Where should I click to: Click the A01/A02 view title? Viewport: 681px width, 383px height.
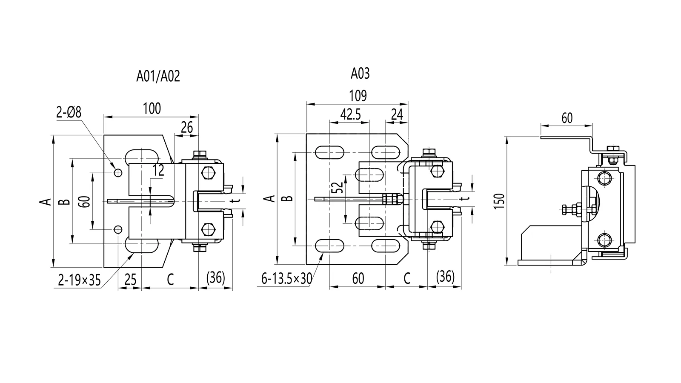(x=158, y=76)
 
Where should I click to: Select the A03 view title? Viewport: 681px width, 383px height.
(x=360, y=74)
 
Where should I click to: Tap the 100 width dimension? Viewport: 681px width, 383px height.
(x=152, y=109)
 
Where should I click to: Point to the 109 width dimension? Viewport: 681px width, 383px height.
(x=358, y=96)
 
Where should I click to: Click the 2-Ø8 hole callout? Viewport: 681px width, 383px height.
(x=69, y=112)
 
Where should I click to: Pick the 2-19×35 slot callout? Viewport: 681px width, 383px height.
(x=80, y=280)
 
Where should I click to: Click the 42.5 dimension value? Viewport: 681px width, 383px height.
(x=351, y=114)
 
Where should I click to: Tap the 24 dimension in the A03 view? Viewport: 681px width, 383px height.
(x=397, y=114)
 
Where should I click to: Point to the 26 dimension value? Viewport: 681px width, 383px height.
(x=187, y=127)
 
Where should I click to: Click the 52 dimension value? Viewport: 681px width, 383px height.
(x=337, y=188)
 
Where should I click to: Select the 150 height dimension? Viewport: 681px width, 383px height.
(x=501, y=200)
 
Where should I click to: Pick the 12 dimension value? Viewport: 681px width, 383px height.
(x=158, y=170)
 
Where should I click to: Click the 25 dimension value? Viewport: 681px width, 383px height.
(x=131, y=280)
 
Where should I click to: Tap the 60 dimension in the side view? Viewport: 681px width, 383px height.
(x=567, y=118)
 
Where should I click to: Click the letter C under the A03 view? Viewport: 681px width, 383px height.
(x=407, y=279)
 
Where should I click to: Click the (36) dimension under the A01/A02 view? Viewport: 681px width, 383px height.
(x=215, y=278)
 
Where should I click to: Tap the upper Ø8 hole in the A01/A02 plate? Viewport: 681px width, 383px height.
(x=118, y=172)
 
